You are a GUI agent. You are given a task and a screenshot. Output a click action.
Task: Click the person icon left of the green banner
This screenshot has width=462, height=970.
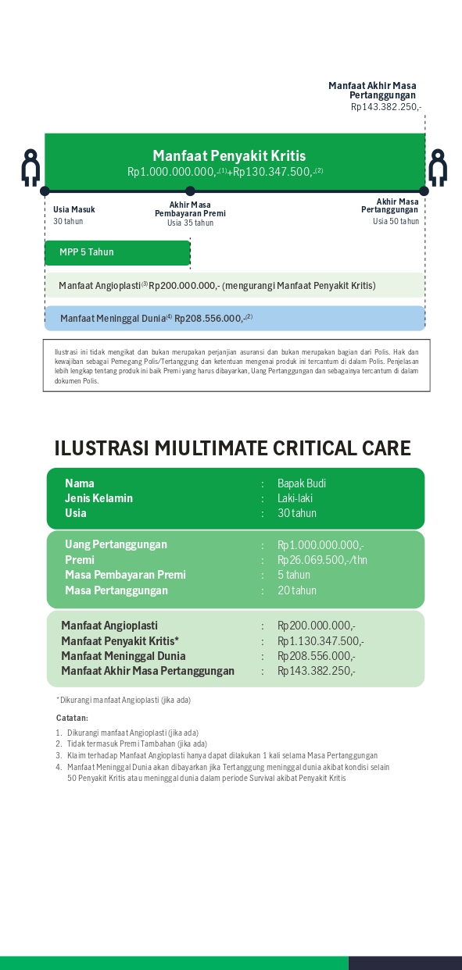30,167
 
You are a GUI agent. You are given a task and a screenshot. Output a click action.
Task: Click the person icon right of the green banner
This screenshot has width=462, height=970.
437,167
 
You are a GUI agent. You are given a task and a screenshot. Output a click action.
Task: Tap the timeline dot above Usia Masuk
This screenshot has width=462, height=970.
45,191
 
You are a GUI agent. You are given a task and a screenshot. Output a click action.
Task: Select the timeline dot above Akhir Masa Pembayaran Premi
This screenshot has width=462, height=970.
190,191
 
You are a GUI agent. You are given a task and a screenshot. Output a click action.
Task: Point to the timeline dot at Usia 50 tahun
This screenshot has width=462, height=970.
424,191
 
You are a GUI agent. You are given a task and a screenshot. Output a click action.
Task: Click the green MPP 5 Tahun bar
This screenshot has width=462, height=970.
117,252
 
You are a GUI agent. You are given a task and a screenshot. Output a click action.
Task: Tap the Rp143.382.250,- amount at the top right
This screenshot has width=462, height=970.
385,107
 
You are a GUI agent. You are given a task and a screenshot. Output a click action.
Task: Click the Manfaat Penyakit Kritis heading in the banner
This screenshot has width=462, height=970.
229,156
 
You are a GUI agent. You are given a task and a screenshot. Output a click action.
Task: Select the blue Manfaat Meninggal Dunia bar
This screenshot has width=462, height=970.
235,318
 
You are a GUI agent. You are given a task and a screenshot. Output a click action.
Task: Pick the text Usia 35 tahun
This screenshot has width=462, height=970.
190,223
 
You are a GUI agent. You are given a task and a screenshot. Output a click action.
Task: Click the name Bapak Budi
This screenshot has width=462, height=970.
302,483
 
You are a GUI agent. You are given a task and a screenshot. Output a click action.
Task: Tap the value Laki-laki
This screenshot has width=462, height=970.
295,498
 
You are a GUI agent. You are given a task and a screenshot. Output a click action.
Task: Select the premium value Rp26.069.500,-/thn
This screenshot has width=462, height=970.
322,560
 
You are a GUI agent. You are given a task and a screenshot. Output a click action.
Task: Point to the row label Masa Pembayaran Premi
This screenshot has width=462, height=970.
125,575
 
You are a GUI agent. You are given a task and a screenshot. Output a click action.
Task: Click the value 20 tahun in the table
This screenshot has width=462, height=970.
297,590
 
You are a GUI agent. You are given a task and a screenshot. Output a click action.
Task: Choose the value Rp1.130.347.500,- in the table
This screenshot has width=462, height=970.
321,641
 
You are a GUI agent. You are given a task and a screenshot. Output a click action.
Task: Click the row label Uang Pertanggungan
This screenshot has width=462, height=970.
116,544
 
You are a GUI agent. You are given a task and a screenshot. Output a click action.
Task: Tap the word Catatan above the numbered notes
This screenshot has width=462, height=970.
72,718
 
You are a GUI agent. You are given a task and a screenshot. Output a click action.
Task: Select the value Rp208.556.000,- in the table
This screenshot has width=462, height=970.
316,656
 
